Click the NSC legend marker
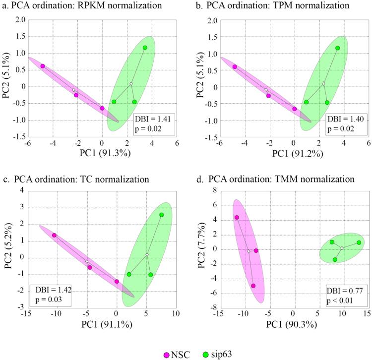pos(167,354)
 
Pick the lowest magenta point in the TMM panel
pos(253,286)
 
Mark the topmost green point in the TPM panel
pos(337,48)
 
